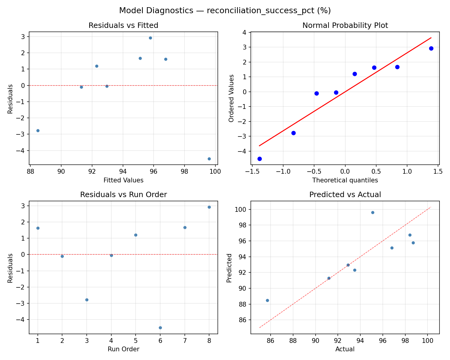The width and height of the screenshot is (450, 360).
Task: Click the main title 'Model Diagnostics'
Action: click(x=225, y=11)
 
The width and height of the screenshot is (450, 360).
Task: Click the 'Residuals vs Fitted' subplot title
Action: click(x=123, y=26)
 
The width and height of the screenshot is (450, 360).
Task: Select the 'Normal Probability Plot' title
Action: click(x=345, y=26)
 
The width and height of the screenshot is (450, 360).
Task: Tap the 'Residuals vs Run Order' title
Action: click(x=123, y=195)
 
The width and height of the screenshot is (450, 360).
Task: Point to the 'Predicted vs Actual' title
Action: click(x=345, y=195)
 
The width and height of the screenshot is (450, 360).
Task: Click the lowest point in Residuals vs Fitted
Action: click(x=209, y=159)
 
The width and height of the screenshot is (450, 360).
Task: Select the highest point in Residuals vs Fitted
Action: click(x=150, y=38)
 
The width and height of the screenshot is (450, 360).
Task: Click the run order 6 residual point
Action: click(x=160, y=328)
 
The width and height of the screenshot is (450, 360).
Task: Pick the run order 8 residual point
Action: click(x=209, y=207)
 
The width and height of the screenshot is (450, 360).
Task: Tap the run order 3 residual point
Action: click(x=87, y=300)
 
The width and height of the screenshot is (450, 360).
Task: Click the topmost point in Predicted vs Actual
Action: click(x=373, y=212)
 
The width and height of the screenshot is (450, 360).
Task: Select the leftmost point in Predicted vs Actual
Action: click(x=267, y=300)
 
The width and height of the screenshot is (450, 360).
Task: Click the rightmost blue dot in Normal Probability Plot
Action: click(x=431, y=48)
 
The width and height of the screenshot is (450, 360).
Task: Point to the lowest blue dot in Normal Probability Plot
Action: click(x=259, y=159)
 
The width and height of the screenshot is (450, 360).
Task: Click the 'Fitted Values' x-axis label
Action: click(x=123, y=180)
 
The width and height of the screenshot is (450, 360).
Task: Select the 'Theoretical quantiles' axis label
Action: click(x=345, y=180)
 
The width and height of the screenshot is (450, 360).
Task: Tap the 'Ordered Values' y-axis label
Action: click(x=231, y=98)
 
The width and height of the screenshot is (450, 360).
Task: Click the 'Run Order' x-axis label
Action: click(x=123, y=349)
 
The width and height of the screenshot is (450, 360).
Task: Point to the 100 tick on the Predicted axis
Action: click(x=243, y=209)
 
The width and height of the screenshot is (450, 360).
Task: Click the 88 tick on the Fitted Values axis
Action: click(x=30, y=172)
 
